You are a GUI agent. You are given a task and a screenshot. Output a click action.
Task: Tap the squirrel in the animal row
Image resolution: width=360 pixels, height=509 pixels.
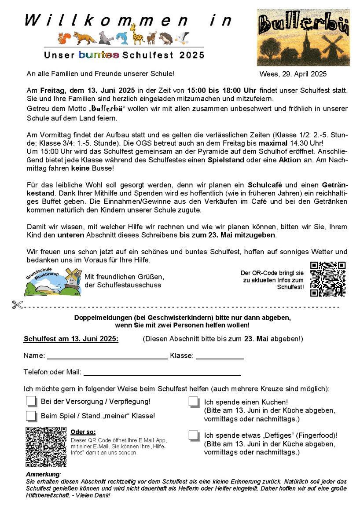64,38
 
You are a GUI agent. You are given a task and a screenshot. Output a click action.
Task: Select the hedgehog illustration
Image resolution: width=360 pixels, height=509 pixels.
166,38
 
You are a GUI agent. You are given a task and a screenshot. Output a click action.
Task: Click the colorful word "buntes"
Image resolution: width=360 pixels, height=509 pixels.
99,55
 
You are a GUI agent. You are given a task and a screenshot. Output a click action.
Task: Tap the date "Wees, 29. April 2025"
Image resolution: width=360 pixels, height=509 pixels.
293,74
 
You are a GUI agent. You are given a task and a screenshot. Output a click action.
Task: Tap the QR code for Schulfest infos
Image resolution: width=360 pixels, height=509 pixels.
327,279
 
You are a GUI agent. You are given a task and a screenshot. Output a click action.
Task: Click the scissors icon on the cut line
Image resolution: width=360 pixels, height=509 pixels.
18,304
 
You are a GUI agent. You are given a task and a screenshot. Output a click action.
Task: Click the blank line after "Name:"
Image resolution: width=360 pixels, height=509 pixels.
107,358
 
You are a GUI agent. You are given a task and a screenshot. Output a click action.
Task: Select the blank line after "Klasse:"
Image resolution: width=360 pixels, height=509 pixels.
220,358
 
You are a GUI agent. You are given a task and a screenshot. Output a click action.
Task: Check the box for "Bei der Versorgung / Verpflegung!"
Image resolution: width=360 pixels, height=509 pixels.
31,401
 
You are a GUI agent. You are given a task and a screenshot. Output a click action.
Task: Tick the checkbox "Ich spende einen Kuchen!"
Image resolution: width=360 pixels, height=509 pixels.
194,402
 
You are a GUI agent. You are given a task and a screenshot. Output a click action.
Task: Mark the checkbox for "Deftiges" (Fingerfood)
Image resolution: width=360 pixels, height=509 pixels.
194,435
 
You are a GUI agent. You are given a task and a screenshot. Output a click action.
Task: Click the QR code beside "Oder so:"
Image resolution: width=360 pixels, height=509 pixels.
46,446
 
